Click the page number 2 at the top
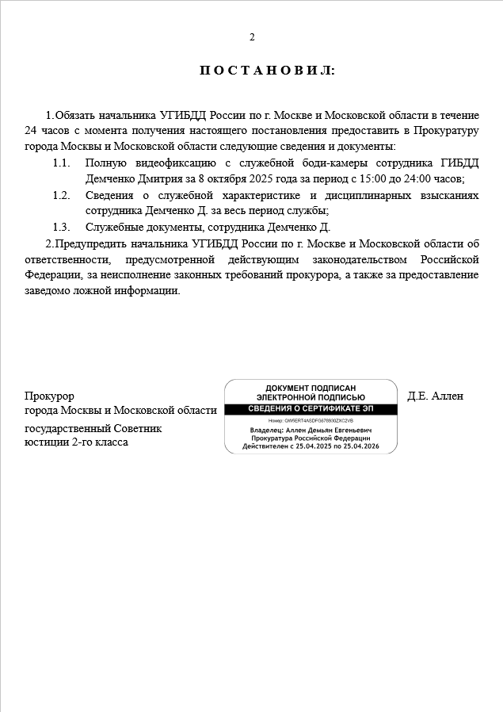click(x=252, y=37)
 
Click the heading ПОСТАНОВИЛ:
click(x=267, y=71)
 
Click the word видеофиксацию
click(x=163, y=163)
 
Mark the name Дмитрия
click(x=156, y=179)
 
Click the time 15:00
click(x=365, y=179)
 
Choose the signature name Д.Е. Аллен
click(x=435, y=396)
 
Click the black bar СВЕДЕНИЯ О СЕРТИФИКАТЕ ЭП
click(x=311, y=408)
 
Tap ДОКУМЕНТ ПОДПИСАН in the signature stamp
click(x=311, y=388)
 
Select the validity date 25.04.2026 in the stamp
click(x=349, y=446)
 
